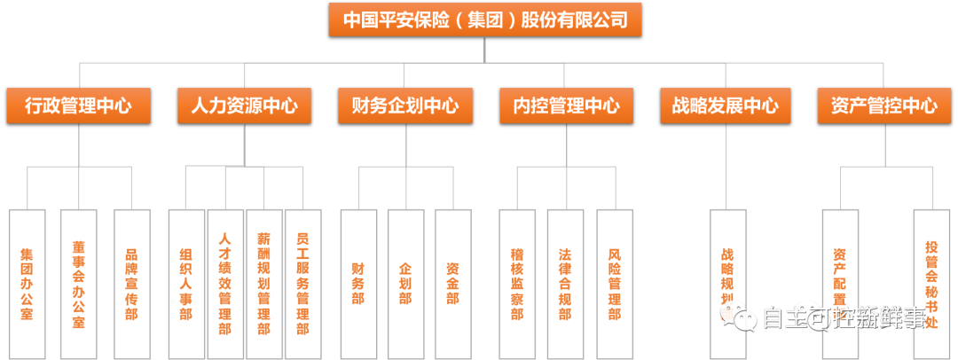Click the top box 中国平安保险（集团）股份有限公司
pyautogui.click(x=484, y=19)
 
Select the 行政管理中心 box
pyautogui.click(x=78, y=106)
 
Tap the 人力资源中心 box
pyautogui.click(x=244, y=106)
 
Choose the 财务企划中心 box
pyautogui.click(x=405, y=106)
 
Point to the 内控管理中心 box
pyautogui.click(x=566, y=106)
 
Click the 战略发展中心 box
pyautogui.click(x=725, y=106)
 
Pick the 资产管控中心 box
pyautogui.click(x=884, y=106)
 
